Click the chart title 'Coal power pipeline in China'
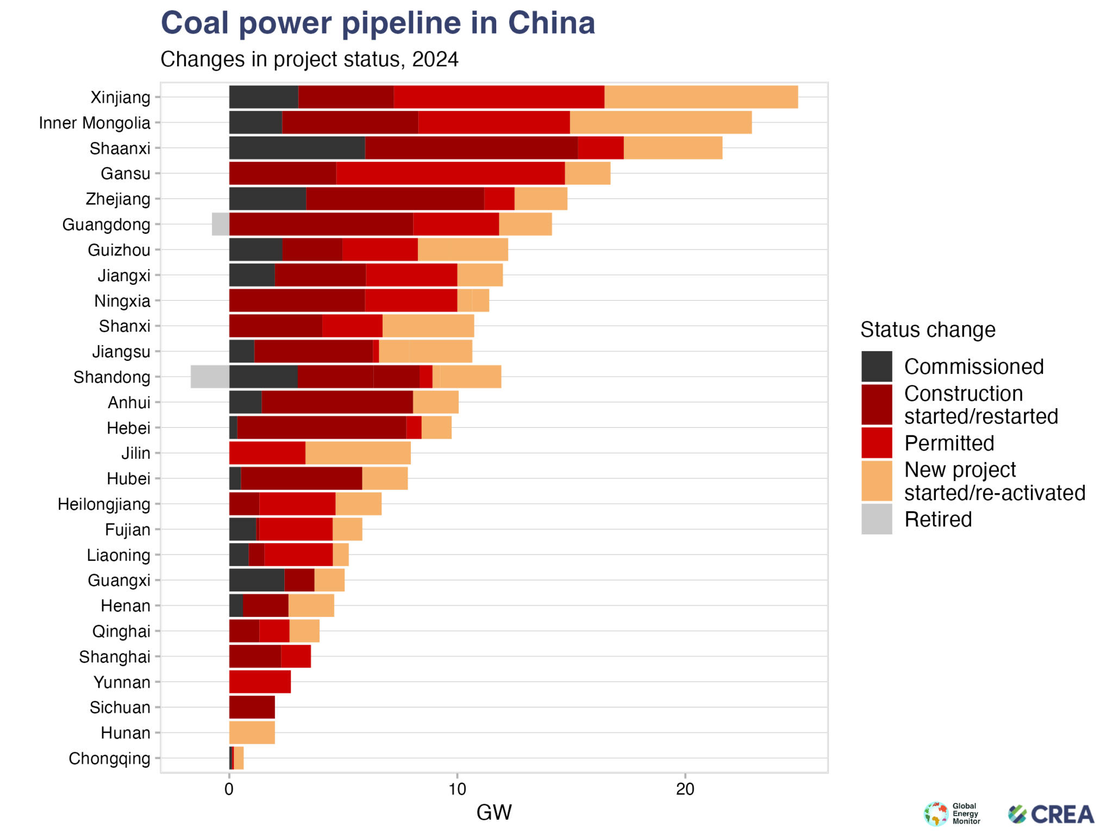378,23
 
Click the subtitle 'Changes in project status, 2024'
309,59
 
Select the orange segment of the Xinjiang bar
701,97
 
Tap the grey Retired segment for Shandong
210,377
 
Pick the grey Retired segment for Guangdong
220,224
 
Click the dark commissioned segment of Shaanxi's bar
297,148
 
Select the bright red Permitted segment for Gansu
450,173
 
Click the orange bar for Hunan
252,732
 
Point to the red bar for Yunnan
260,682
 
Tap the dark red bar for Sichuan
252,707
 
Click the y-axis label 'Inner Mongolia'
95,123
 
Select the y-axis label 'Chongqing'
109,758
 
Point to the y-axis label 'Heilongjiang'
104,504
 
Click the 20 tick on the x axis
685,789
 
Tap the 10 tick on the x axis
457,789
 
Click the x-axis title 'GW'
493,813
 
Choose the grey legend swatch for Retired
876,519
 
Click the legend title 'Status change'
927,330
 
